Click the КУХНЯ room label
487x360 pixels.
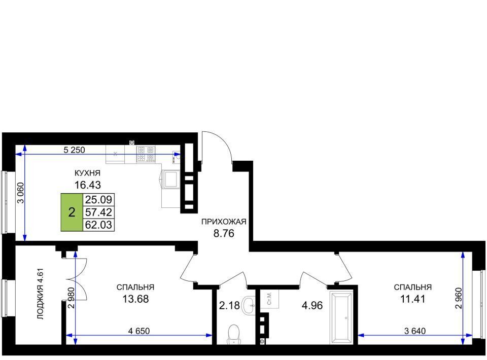87,173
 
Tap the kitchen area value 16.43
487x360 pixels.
88,185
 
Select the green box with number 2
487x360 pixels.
72,212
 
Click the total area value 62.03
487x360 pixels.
98,225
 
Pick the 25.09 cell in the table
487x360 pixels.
98,199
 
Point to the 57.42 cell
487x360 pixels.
98,212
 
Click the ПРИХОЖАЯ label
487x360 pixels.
224,222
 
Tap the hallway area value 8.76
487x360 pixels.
224,233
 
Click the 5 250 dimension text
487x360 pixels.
74,150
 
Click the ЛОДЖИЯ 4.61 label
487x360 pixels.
41,294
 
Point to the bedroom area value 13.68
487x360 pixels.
135,299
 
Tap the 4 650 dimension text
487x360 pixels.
139,331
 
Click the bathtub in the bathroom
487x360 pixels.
341,317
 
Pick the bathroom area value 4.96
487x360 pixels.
312,305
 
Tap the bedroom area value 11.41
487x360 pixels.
412,299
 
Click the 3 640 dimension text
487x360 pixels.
415,331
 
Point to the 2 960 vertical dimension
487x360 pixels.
458,298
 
